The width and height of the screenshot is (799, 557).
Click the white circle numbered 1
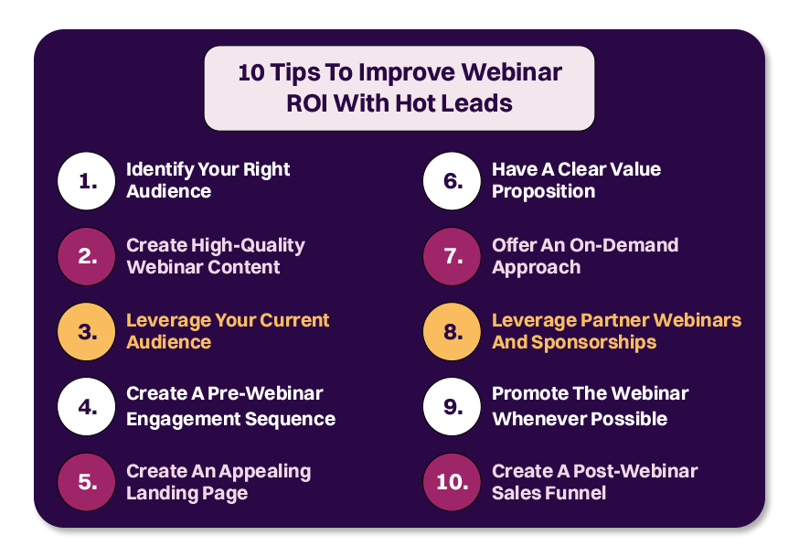pyautogui.click(x=87, y=181)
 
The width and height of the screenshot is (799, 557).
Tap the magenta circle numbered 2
pyautogui.click(x=87, y=256)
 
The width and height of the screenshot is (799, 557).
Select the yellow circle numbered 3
pyautogui.click(x=87, y=332)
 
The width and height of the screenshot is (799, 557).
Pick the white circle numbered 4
pyautogui.click(x=87, y=407)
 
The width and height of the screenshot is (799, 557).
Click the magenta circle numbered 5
pyautogui.click(x=87, y=482)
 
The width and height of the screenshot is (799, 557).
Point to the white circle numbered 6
pyautogui.click(x=452, y=181)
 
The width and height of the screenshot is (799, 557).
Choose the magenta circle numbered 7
pyautogui.click(x=452, y=256)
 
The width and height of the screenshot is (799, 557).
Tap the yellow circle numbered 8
pyautogui.click(x=452, y=332)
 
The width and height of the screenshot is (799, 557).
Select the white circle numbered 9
pyautogui.click(x=452, y=407)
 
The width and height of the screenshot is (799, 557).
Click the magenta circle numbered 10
pyautogui.click(x=452, y=482)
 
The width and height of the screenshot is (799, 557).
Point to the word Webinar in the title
pyautogui.click(x=512, y=72)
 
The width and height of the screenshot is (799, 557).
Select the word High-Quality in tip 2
pyautogui.click(x=248, y=246)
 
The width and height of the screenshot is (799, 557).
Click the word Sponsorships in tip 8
pyautogui.click(x=593, y=343)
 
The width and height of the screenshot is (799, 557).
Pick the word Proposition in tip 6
pyautogui.click(x=544, y=192)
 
